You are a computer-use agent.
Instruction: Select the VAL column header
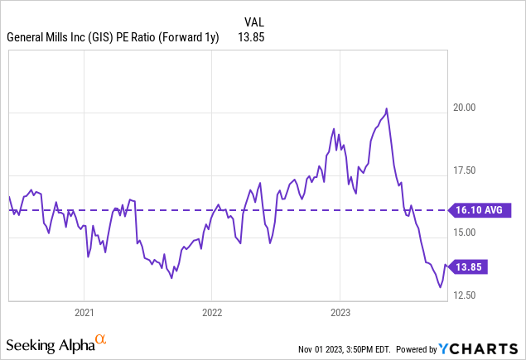[x=255, y=22]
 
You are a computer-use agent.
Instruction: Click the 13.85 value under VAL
[x=251, y=37]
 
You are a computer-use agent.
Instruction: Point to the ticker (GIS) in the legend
[x=102, y=37]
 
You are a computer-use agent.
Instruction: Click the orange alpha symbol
[x=100, y=339]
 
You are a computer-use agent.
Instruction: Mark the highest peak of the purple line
[x=387, y=108]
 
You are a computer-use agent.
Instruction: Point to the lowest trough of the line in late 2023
[x=440, y=287]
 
